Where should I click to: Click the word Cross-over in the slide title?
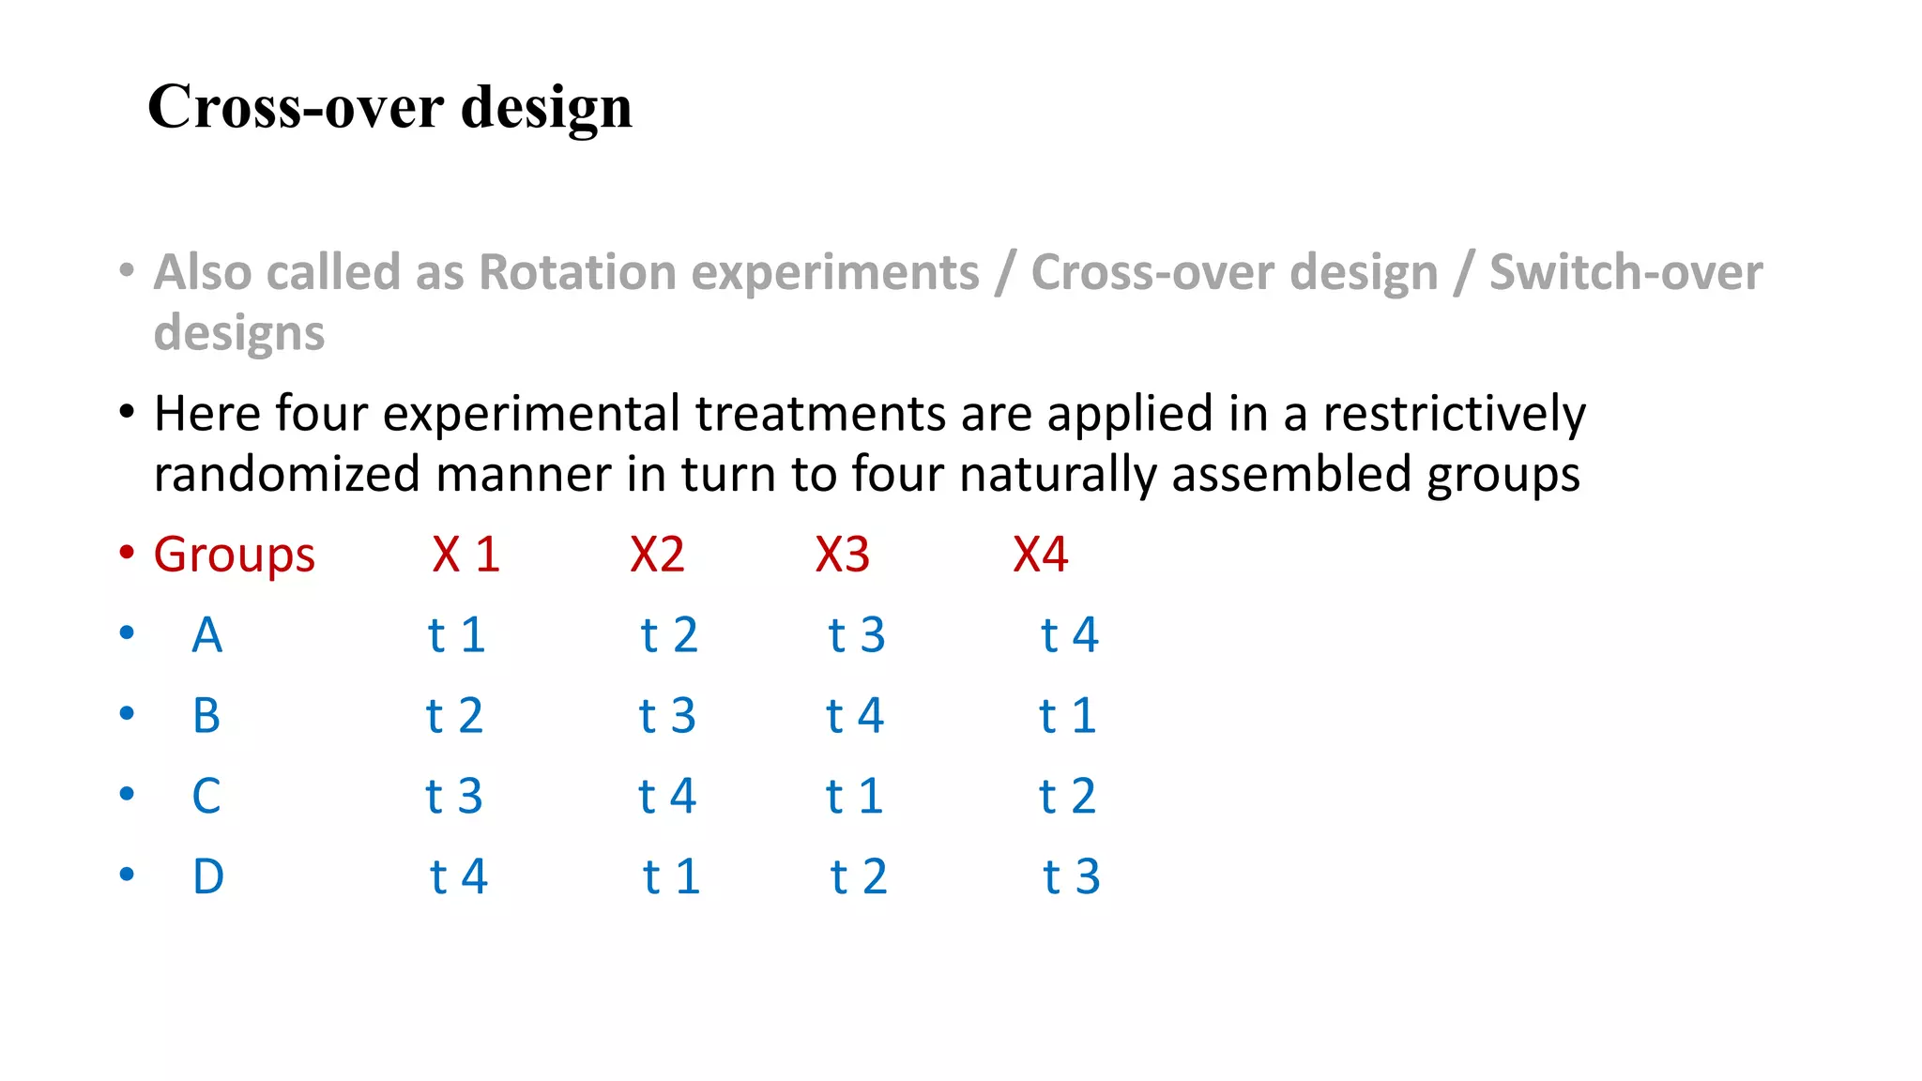tap(296, 106)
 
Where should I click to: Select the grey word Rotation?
tap(577, 272)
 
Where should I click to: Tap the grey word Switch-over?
tap(1625, 272)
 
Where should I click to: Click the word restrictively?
tap(1454, 414)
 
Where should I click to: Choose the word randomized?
tap(286, 474)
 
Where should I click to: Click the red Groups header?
tap(234, 555)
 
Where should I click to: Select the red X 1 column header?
tap(465, 555)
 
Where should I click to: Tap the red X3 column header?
tap(842, 555)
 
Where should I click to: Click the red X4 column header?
tap(1040, 555)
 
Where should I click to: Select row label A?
tap(206, 635)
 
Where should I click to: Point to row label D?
tap(207, 877)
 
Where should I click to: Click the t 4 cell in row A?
tap(1069, 635)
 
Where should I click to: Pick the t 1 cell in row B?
tap(1067, 716)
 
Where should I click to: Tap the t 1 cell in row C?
tap(854, 797)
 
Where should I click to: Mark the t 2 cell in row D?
tap(858, 877)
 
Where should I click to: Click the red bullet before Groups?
tap(127, 552)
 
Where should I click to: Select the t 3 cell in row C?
tap(453, 797)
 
